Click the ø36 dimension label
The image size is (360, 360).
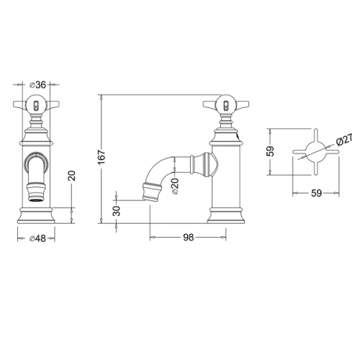37,84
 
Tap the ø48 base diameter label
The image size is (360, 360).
37,238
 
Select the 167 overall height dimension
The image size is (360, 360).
102,157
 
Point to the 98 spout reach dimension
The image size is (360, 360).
188,238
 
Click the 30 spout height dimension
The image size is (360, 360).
117,211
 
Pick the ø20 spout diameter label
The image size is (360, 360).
175,186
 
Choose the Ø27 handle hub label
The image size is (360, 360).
344,140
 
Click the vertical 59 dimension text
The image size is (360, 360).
271,151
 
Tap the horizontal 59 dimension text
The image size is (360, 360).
316,193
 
